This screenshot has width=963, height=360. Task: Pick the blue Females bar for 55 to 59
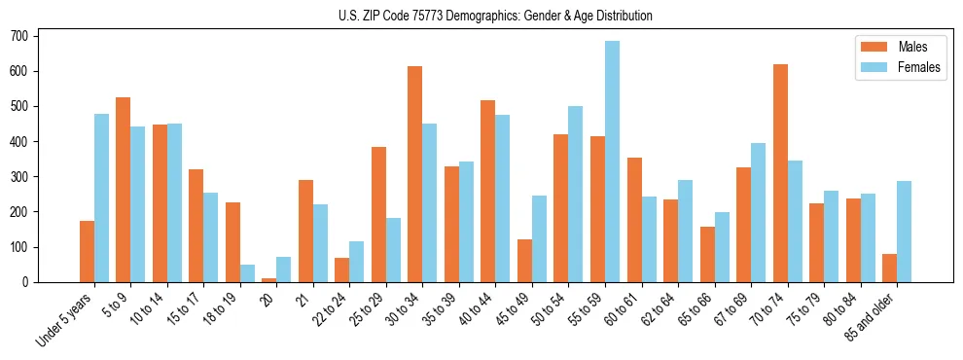point(612,162)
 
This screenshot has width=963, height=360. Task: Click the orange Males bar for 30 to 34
point(415,174)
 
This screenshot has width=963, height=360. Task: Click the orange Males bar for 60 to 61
point(634,220)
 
